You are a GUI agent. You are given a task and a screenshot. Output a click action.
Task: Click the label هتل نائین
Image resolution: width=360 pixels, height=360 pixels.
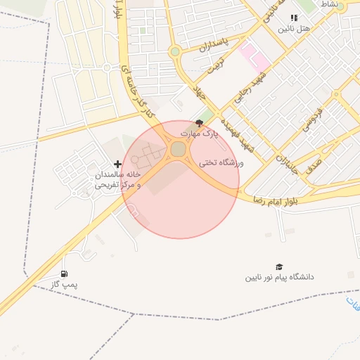click(x=293, y=29)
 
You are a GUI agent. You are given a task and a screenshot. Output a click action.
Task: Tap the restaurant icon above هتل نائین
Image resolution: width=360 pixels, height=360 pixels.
click(x=294, y=18)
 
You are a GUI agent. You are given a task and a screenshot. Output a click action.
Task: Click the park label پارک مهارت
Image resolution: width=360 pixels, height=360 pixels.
click(x=200, y=132)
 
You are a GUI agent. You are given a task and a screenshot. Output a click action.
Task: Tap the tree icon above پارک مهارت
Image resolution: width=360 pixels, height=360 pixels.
click(x=199, y=123)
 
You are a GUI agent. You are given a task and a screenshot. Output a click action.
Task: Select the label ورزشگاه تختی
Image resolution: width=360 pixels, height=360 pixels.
click(x=221, y=162)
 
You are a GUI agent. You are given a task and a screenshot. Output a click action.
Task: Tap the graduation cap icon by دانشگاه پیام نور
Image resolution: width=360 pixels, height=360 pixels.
click(x=279, y=266)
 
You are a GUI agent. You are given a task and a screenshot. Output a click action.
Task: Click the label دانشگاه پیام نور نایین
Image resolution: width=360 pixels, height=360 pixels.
click(x=279, y=277)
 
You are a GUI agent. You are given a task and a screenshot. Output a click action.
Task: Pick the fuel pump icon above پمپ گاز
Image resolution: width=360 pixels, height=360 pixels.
click(x=65, y=274)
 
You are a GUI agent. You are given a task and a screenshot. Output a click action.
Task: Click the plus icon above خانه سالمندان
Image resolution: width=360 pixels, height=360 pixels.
click(x=117, y=164)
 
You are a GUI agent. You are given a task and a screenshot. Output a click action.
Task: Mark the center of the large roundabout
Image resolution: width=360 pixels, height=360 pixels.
click(x=179, y=149)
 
